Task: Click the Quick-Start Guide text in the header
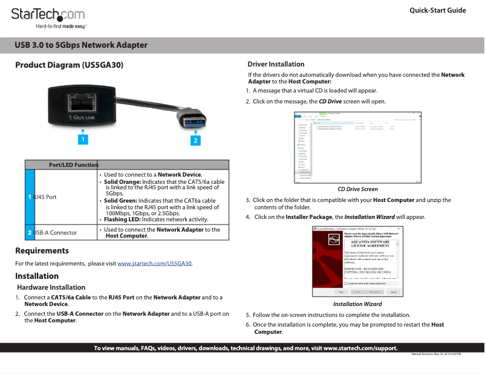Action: click(437, 10)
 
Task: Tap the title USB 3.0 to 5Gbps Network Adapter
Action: click(81, 45)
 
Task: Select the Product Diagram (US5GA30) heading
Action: click(70, 65)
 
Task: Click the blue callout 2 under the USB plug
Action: click(195, 140)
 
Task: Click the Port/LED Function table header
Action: click(73, 165)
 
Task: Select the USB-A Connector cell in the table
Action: click(55, 232)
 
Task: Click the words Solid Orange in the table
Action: click(120, 182)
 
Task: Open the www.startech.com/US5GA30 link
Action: click(154, 264)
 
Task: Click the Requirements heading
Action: click(42, 250)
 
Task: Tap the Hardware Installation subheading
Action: click(51, 287)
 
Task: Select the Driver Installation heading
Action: click(276, 64)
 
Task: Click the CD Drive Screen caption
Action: click(357, 189)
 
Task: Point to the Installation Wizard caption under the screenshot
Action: click(357, 304)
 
